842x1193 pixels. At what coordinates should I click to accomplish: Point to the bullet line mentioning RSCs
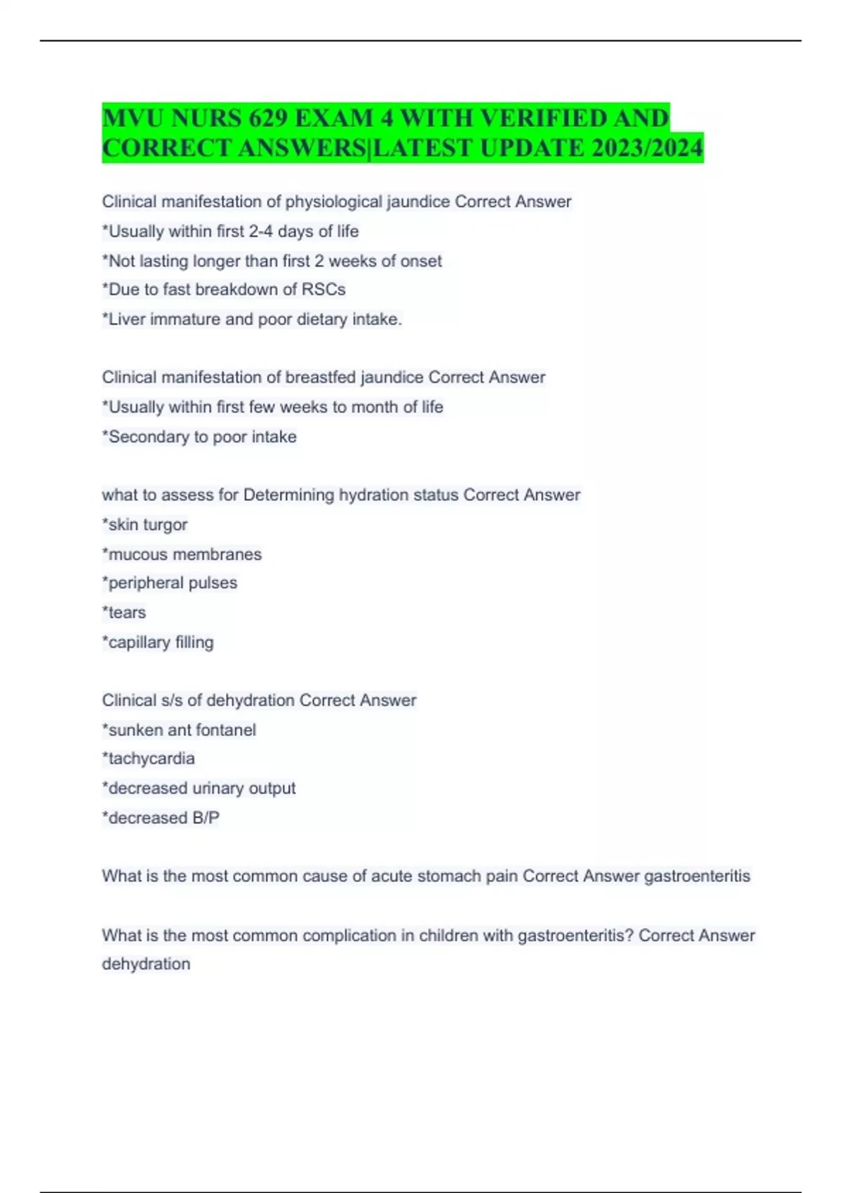[x=224, y=290]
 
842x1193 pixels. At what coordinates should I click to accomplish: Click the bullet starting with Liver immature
[x=252, y=319]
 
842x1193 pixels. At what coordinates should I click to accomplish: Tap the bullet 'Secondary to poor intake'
[x=199, y=436]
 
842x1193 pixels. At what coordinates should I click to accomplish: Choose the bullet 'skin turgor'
[x=145, y=525]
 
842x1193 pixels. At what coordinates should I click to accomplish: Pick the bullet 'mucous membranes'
[x=182, y=554]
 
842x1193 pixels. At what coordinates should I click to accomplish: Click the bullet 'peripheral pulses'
[x=170, y=583]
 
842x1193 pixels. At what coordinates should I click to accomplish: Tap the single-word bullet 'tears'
[x=124, y=613]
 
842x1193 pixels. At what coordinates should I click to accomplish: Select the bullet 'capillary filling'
[x=158, y=642]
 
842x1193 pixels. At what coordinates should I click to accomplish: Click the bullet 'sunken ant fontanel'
[x=179, y=730]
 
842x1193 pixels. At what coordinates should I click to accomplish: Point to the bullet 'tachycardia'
[x=149, y=759]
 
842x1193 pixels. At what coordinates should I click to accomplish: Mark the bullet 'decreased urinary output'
[x=199, y=788]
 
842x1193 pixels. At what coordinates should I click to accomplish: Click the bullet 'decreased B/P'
[x=161, y=818]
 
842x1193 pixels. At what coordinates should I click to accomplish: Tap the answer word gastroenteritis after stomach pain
[x=697, y=876]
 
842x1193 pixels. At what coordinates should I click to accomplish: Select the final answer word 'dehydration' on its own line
[x=146, y=964]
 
